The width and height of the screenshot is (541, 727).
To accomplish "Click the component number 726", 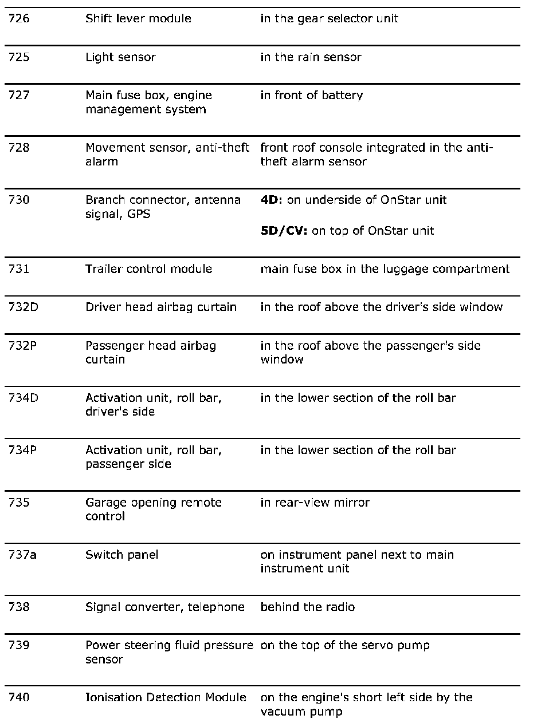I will tap(19, 19).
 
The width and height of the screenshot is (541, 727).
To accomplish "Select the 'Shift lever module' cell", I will tap(138, 19).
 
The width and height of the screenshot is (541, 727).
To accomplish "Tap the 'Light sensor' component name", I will tap(120, 57).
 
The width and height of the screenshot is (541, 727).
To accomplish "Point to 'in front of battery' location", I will tap(311, 96).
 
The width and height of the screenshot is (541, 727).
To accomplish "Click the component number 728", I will tap(19, 148).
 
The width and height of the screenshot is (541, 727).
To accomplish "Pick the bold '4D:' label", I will tap(272, 200).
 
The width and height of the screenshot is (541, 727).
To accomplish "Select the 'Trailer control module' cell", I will tap(148, 269).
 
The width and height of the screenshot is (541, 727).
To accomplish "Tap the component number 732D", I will tap(23, 307).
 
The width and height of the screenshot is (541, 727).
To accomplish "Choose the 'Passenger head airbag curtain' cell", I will tap(151, 353).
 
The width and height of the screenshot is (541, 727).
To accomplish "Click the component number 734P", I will tap(23, 451).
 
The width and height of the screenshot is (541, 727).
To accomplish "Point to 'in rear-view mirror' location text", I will tap(315, 503).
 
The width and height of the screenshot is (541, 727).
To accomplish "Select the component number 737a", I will tap(23, 555).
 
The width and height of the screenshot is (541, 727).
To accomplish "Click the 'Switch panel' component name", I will tap(121, 555).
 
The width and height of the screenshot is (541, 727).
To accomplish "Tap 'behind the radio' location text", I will tap(307, 607).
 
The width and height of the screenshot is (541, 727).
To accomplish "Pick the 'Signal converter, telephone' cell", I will tap(165, 607).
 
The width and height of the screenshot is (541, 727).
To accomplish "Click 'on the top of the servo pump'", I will tap(345, 646).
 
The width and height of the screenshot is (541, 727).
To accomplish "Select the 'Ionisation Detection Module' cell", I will tap(166, 698).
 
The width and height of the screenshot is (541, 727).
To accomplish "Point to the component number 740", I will tap(19, 698).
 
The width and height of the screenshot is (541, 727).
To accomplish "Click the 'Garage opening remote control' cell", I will tap(153, 509).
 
